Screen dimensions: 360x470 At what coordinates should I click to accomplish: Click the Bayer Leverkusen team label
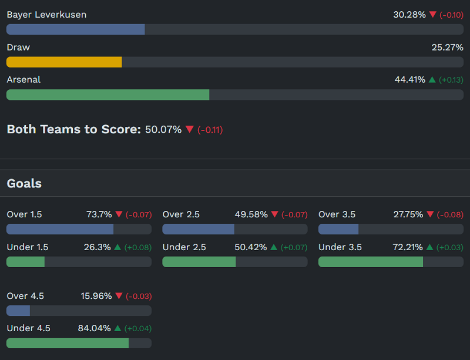46,15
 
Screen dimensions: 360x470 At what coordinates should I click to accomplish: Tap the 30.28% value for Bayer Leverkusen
409,15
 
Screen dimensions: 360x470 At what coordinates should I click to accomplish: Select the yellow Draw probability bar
64,62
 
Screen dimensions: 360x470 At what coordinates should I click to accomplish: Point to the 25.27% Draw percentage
447,47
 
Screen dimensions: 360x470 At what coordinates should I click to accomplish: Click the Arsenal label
23,79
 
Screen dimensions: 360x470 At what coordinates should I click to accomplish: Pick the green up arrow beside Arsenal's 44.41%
432,79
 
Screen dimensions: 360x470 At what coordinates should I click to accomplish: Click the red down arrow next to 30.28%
433,15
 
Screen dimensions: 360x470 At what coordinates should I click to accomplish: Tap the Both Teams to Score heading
73,129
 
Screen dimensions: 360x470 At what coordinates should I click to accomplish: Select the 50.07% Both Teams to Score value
163,129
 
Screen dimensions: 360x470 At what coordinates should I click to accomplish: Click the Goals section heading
24,183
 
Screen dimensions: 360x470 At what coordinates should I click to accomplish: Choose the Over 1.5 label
24,214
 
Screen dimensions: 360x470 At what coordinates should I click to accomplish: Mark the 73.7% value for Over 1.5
99,214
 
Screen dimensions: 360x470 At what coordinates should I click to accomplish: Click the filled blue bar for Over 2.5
198,229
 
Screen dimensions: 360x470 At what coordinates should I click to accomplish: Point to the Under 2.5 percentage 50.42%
251,247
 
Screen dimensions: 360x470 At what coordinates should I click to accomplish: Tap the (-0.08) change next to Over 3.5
450,215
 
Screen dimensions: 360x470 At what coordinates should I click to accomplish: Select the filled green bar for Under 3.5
370,262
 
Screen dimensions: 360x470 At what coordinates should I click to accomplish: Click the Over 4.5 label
25,296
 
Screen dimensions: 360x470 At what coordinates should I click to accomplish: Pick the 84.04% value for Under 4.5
94,328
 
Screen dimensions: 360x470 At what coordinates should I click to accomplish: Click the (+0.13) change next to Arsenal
451,80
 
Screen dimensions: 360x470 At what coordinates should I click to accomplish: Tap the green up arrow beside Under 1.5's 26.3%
117,247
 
